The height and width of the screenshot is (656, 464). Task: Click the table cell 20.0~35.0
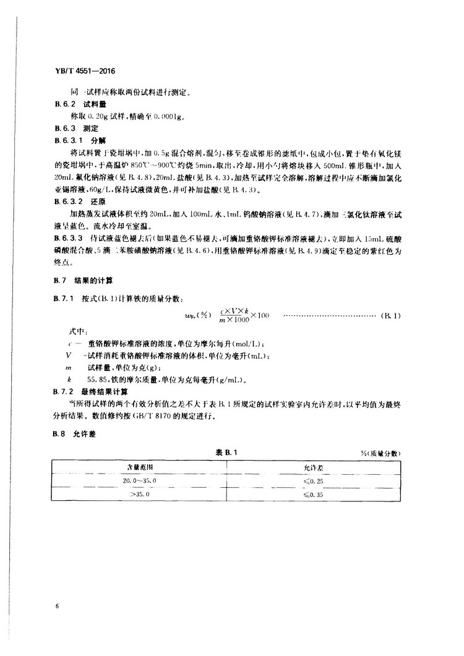pyautogui.click(x=138, y=481)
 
